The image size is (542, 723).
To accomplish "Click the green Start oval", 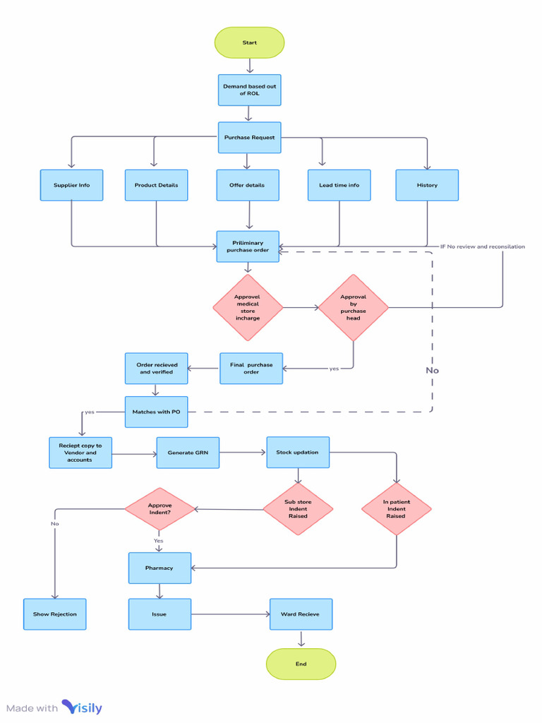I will pos(249,42).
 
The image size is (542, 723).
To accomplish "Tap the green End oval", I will pos(301,664).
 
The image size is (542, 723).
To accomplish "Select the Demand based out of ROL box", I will pos(249,90).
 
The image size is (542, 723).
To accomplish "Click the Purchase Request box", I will pos(249,137).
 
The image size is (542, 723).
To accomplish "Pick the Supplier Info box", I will pos(71,185).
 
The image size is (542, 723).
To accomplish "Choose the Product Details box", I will pos(156,185).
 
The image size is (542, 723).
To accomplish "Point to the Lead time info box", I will pos(339,185).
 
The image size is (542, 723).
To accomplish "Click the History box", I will pos(427,185).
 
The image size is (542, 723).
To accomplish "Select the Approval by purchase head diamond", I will pos(353,308).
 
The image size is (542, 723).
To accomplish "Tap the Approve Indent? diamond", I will pos(159,508).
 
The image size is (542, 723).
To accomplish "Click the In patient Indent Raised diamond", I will pos(396,508).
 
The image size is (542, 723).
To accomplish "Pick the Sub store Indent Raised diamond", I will pos(298,508).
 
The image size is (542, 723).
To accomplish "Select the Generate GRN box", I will pos(188,452).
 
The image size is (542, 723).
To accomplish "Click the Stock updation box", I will pos(297,452).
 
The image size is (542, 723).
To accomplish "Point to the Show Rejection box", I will pos(54,614).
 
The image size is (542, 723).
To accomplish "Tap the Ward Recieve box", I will pos(301,614).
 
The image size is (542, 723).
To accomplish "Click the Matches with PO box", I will pos(156,412).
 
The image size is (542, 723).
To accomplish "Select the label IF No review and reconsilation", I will pos(482,246).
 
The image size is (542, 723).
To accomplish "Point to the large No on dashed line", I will pos(432,370).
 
